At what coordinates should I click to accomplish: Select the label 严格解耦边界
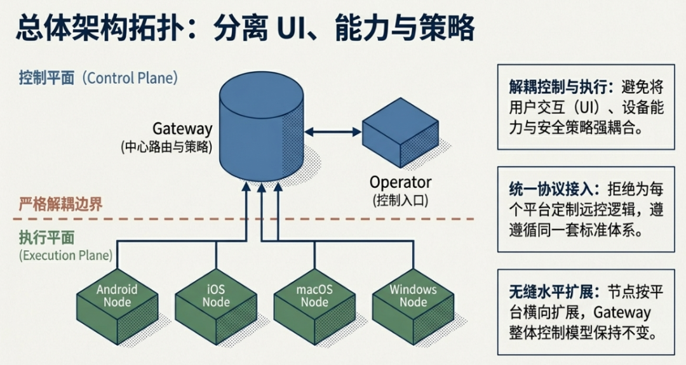60,205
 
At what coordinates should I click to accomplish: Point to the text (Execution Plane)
66,256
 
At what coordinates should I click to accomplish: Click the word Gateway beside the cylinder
182,129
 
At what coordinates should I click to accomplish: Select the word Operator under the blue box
400,183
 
